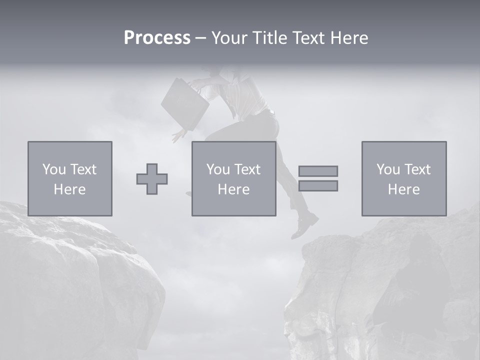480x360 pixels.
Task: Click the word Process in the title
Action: point(157,38)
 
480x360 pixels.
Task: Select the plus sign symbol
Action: point(152,178)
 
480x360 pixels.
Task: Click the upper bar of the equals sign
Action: point(318,171)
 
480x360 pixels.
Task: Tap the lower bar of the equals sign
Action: point(318,185)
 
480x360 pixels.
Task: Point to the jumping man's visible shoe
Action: point(304,225)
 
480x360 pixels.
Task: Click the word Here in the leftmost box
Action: point(69,189)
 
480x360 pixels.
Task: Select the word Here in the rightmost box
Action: point(403,189)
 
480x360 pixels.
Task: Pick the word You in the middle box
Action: point(218,169)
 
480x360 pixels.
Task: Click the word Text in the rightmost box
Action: point(417,169)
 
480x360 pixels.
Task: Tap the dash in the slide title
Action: point(200,38)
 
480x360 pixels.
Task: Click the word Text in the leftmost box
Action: point(83,169)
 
